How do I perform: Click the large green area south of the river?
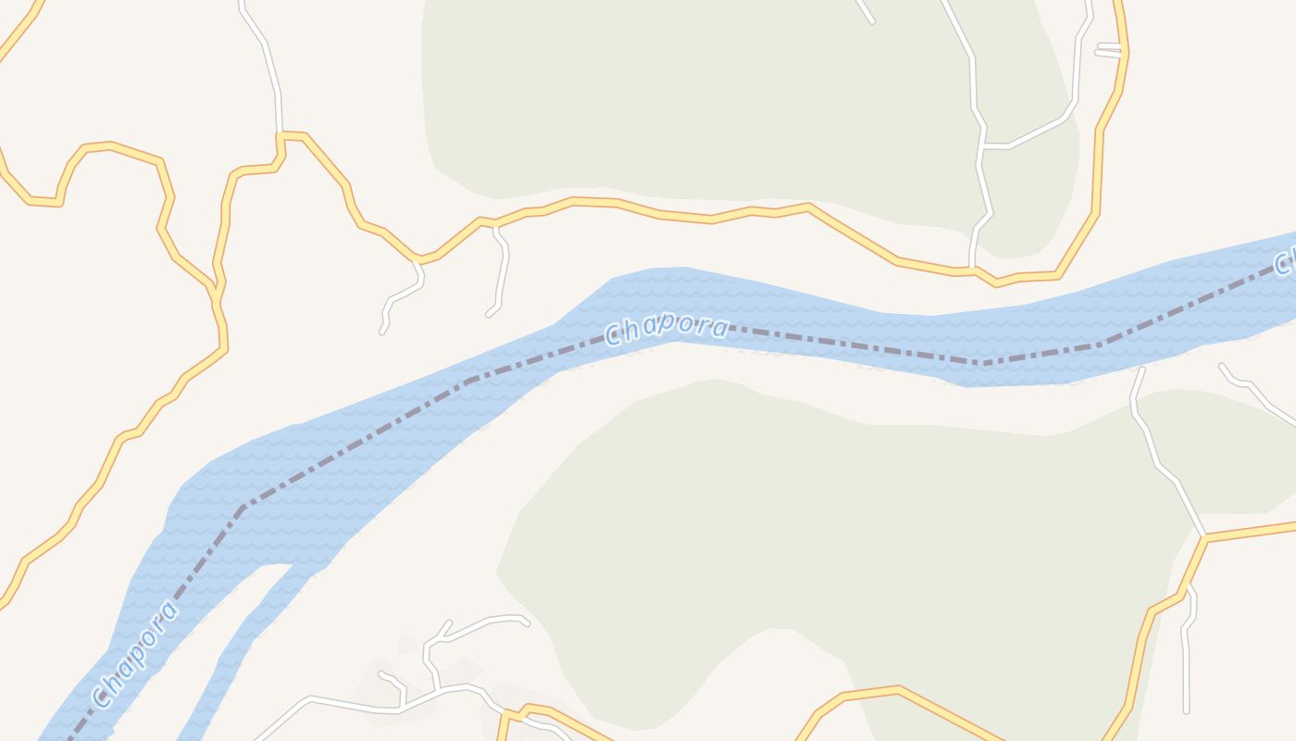click(x=833, y=537)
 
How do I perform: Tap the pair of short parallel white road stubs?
click(x=1108, y=49)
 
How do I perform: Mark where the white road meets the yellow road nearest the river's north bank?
click(x=972, y=269)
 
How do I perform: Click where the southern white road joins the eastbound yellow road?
click(x=1204, y=535)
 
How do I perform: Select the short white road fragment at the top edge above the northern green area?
click(x=865, y=11)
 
